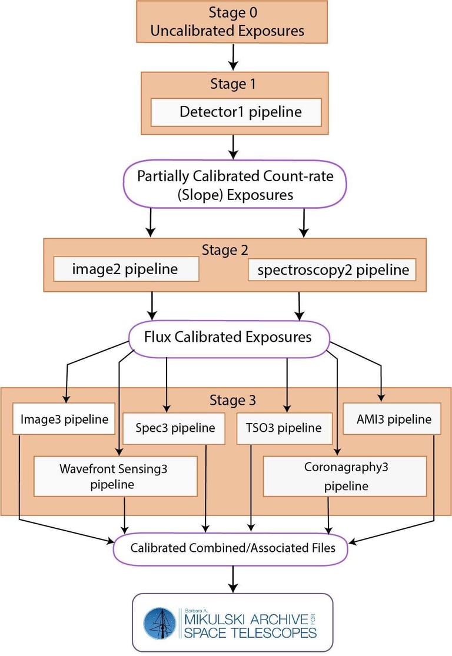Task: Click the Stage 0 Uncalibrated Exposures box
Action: pyautogui.click(x=231, y=22)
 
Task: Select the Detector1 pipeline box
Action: pyautogui.click(x=236, y=112)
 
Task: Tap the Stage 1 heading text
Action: pyautogui.click(x=233, y=84)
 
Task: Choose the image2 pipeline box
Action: pyautogui.click(x=125, y=269)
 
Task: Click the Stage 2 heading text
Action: pyautogui.click(x=224, y=249)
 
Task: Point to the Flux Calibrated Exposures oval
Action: pyautogui.click(x=228, y=338)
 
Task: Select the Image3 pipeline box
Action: pyautogui.click(x=64, y=419)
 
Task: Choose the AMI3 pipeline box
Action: pyautogui.click(x=391, y=419)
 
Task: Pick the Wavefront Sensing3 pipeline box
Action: pyautogui.click(x=115, y=477)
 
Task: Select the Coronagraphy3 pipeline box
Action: pyautogui.click(x=344, y=477)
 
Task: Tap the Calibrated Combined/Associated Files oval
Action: pyautogui.click(x=233, y=548)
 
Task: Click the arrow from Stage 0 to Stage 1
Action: pyautogui.click(x=234, y=56)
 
